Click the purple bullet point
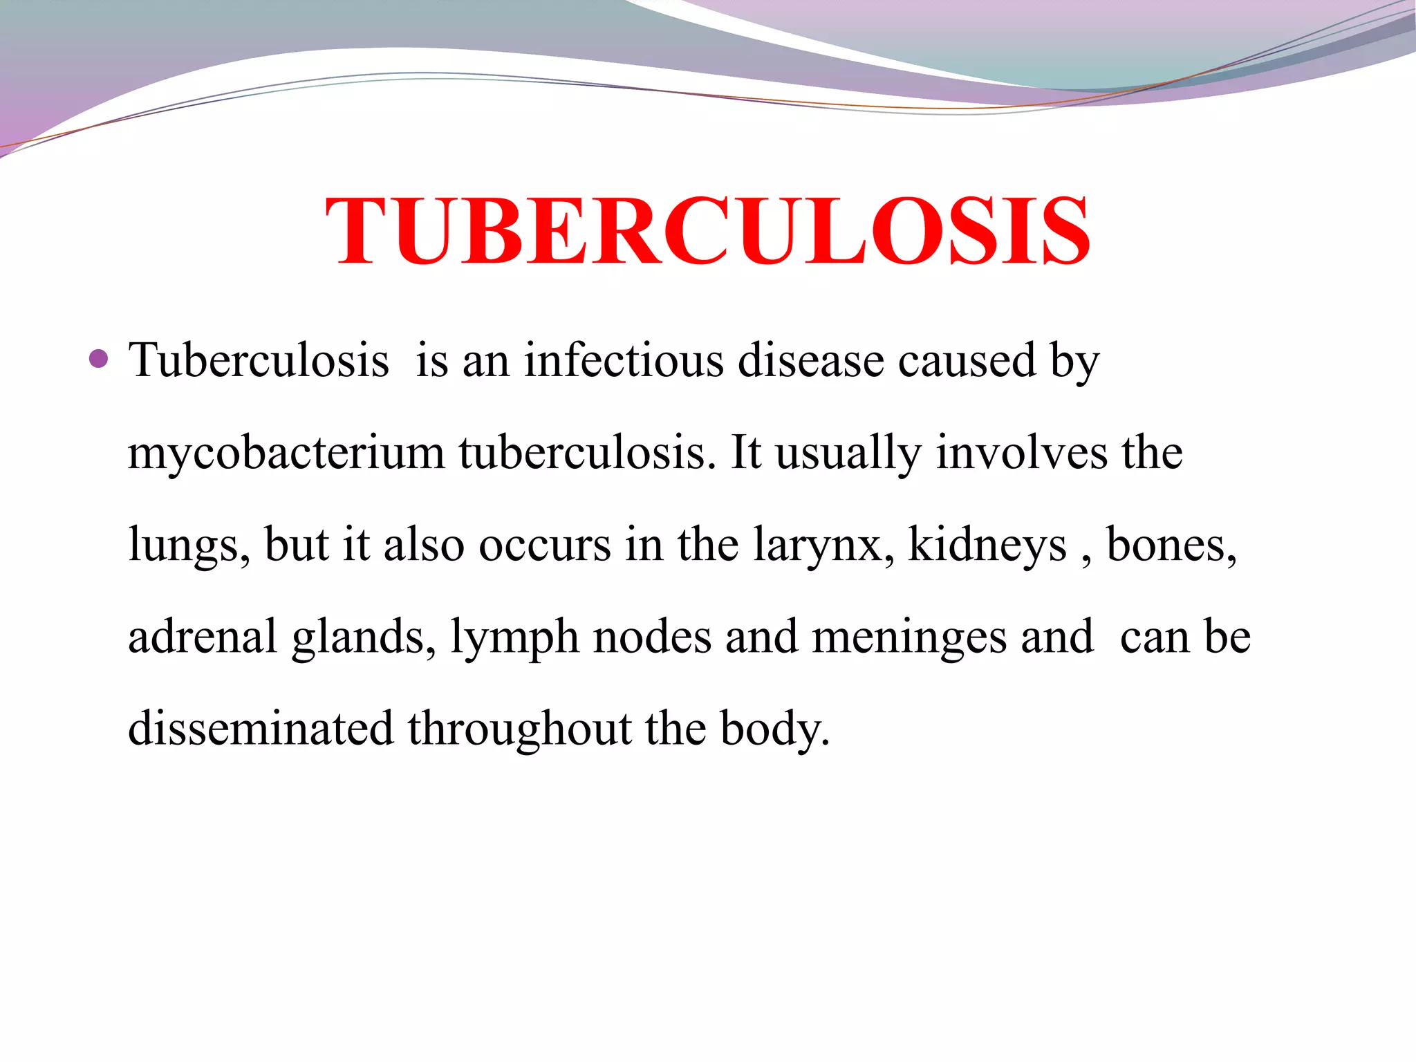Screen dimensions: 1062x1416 coord(99,359)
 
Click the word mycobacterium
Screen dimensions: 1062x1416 coord(286,454)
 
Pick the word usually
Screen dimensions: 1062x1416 coord(848,454)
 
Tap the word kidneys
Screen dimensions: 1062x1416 coord(987,545)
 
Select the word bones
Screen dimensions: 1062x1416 coord(1171,545)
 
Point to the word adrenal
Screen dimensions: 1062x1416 coord(203,636)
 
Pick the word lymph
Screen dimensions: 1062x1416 coord(514,637)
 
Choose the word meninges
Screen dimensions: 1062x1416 coord(909,637)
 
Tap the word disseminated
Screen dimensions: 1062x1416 coord(261,728)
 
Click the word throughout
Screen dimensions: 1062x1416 coord(519,729)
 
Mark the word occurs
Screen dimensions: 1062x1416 coord(545,545)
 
